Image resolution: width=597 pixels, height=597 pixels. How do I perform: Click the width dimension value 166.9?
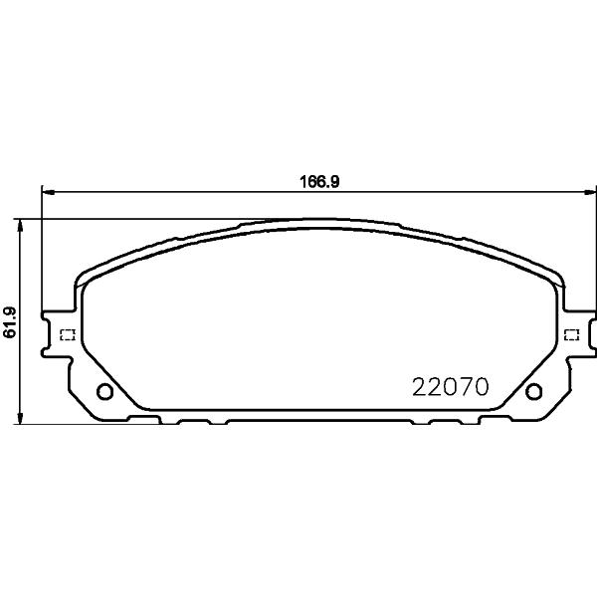pyautogui.click(x=319, y=182)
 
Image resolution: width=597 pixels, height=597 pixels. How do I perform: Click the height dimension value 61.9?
pyautogui.click(x=10, y=321)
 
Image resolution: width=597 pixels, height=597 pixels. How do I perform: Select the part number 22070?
pyautogui.click(x=451, y=386)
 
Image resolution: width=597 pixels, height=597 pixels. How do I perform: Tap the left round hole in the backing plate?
pyautogui.click(x=104, y=391)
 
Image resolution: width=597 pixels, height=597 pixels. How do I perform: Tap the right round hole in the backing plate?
pyautogui.click(x=533, y=391)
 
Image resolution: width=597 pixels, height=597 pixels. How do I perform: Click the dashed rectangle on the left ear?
pyautogui.click(x=68, y=334)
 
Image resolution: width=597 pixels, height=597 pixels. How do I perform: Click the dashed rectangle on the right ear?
pyautogui.click(x=571, y=335)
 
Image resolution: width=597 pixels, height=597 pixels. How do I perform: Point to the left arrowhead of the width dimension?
pyautogui.click(x=48, y=193)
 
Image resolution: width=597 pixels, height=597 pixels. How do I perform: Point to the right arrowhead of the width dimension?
pyautogui.click(x=589, y=193)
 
